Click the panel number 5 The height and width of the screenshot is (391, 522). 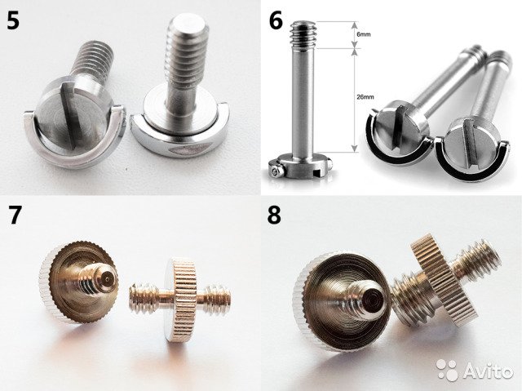point(13,21)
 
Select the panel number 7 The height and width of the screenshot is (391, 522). point(14,215)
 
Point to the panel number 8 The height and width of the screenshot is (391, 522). point(274,215)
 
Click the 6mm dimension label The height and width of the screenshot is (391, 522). point(364,34)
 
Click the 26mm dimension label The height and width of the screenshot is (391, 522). point(365,97)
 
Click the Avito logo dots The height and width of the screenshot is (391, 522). point(447,370)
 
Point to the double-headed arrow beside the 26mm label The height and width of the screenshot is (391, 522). point(355,100)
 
